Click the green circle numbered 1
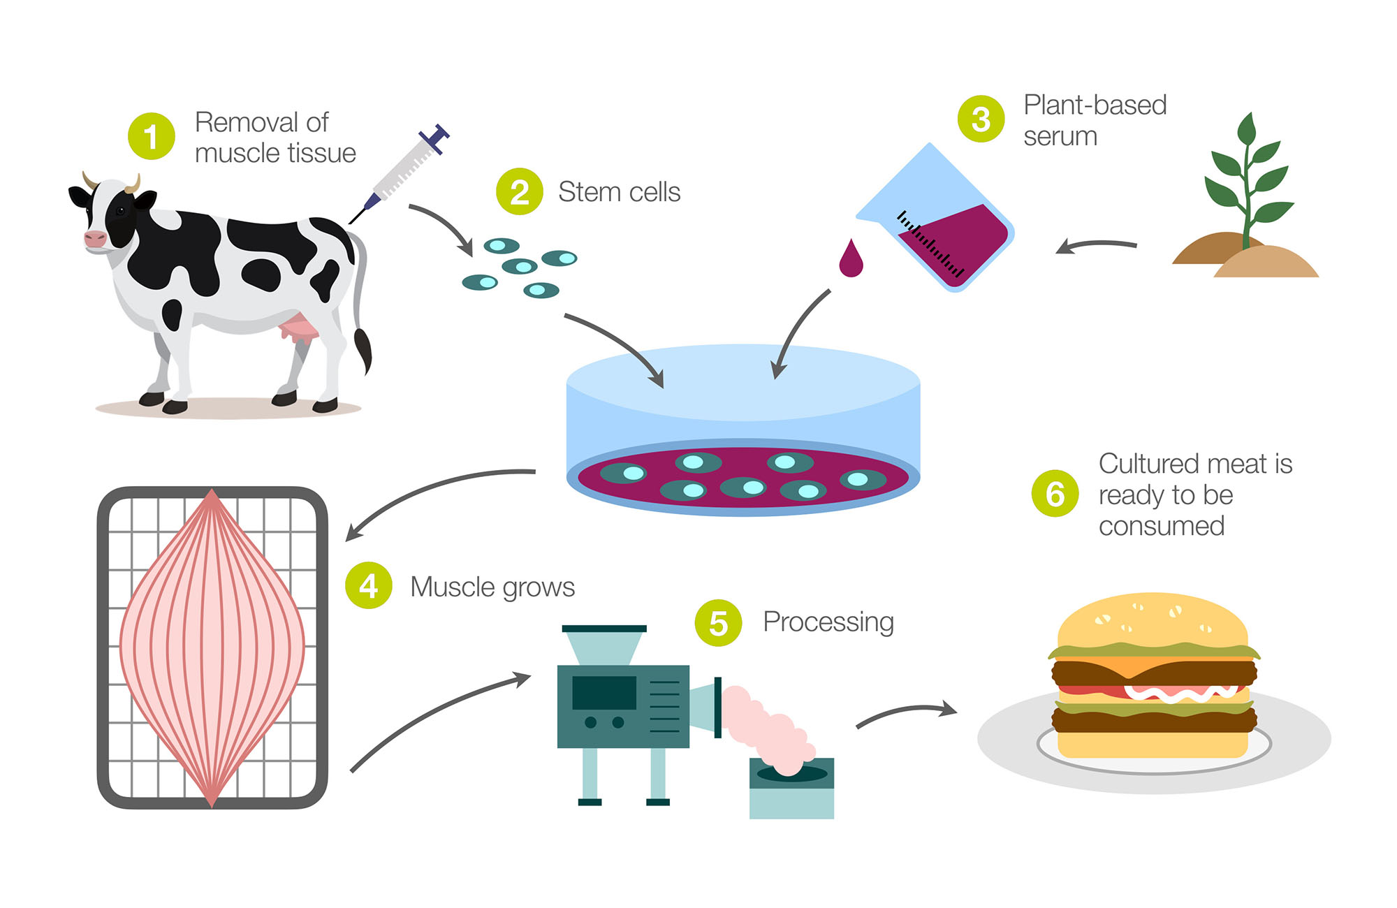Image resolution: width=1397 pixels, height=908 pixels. tap(151, 136)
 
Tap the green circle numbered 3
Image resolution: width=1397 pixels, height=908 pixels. tap(981, 119)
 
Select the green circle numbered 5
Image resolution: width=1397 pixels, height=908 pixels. tap(718, 622)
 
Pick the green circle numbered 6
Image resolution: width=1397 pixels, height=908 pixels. tap(1055, 494)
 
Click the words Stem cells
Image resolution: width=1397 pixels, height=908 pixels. tap(619, 192)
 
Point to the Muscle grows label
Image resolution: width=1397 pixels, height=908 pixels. tap(492, 587)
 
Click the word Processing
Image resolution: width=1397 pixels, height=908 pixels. tap(828, 622)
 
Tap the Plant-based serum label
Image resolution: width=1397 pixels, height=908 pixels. tap(1095, 120)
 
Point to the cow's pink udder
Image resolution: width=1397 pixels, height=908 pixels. tap(300, 328)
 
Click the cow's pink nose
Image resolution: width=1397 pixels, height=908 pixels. tap(95, 238)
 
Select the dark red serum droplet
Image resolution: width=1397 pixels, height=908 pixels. tap(851, 259)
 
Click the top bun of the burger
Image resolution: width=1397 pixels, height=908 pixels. tap(1153, 622)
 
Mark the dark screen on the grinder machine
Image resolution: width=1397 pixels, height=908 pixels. tap(604, 692)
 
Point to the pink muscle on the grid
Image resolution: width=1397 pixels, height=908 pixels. tap(212, 646)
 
